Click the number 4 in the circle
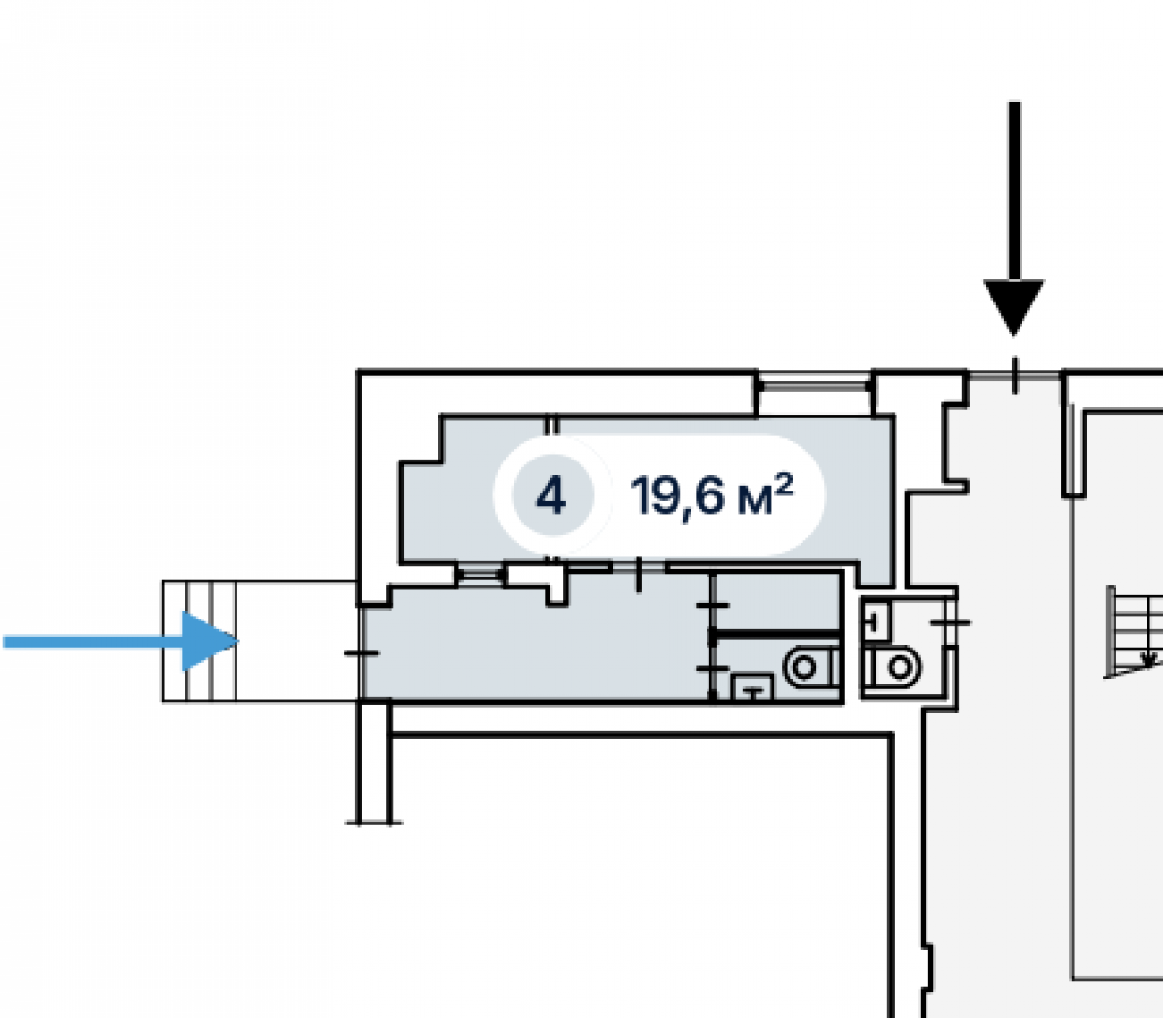[x=550, y=496]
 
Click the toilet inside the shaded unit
[x=811, y=667]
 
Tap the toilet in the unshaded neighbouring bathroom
[x=892, y=666]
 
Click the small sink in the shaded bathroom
[x=752, y=687]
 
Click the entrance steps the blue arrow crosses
[x=199, y=641]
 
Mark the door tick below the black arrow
[x=1015, y=375]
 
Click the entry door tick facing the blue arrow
[x=361, y=653]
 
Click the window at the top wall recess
[x=815, y=386]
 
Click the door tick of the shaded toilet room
[x=712, y=669]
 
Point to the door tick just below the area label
[x=639, y=575]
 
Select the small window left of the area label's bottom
[x=480, y=574]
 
